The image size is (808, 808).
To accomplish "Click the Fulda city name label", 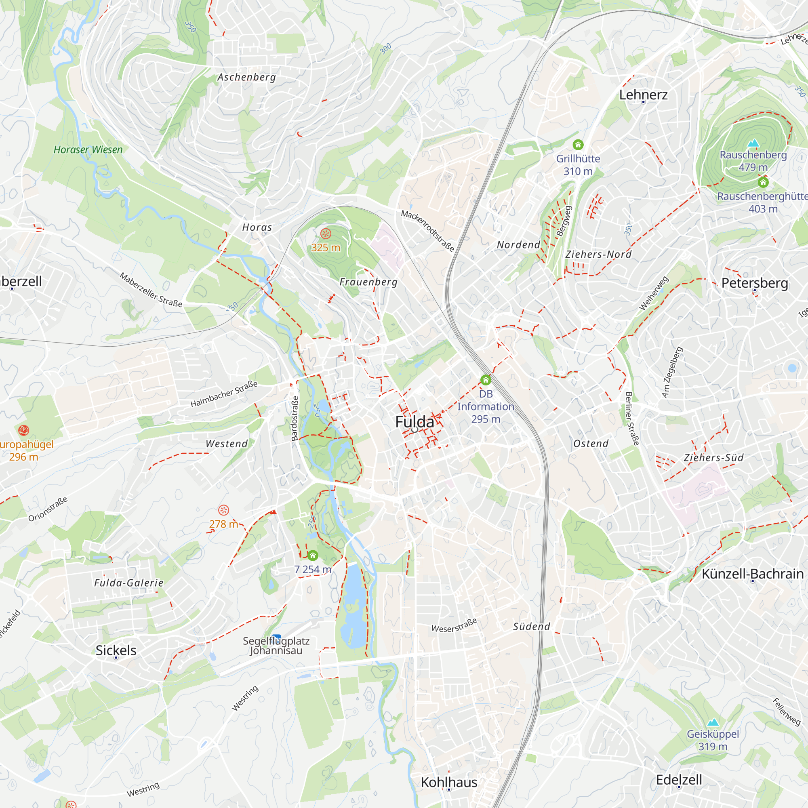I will (x=415, y=421).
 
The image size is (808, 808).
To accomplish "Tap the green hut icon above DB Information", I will (x=486, y=380).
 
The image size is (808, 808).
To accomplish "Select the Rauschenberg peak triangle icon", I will (x=753, y=143).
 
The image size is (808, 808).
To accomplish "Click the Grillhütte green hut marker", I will (x=578, y=145).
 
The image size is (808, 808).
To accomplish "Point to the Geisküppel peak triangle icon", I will (x=713, y=722).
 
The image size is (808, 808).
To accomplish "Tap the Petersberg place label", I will (x=754, y=283).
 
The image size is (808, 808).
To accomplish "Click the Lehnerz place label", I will (x=643, y=95).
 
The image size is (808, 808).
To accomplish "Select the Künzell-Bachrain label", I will (x=752, y=574).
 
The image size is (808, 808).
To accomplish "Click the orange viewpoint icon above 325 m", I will (x=325, y=234).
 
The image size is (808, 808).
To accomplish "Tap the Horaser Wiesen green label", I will (x=88, y=150).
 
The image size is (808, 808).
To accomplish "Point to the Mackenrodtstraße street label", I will (x=427, y=231).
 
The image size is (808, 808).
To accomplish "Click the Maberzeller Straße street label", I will (x=151, y=290).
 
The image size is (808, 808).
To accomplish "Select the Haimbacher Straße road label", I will (x=224, y=393).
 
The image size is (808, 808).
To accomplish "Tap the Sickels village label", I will (x=116, y=650).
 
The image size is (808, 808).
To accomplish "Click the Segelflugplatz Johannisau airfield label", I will (x=276, y=646).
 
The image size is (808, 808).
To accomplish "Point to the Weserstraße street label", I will (x=454, y=625).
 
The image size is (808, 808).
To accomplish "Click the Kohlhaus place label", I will (x=449, y=782).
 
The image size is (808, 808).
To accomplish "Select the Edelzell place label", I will (x=679, y=780).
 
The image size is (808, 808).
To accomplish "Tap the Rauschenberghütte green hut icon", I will (x=763, y=182).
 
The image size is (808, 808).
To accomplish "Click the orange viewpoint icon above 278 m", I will (x=224, y=510).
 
